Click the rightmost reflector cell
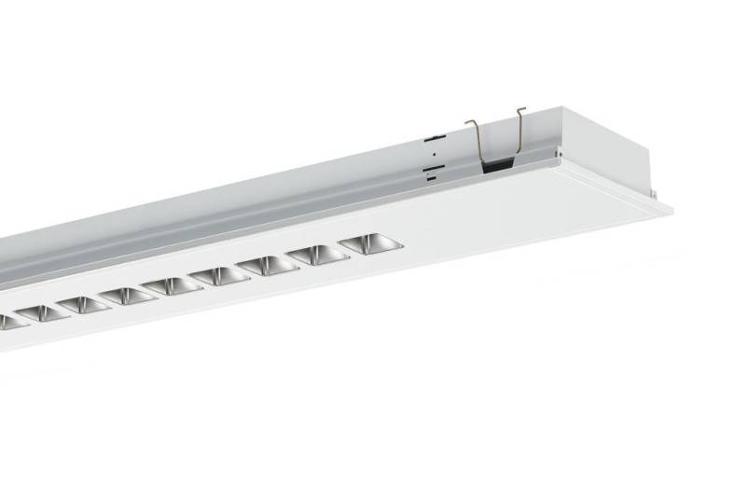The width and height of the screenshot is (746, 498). (x=370, y=244)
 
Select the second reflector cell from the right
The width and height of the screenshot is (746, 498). (x=317, y=255)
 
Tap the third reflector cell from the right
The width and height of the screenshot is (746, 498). (x=268, y=265)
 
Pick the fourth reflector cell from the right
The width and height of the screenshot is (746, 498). (x=219, y=275)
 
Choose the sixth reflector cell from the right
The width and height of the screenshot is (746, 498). (x=128, y=296)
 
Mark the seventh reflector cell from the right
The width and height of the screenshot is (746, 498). (x=83, y=305)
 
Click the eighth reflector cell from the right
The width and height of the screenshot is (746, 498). (x=41, y=313)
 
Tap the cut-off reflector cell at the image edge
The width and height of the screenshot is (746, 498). (x=7, y=322)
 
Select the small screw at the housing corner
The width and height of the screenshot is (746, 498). (x=558, y=151)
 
